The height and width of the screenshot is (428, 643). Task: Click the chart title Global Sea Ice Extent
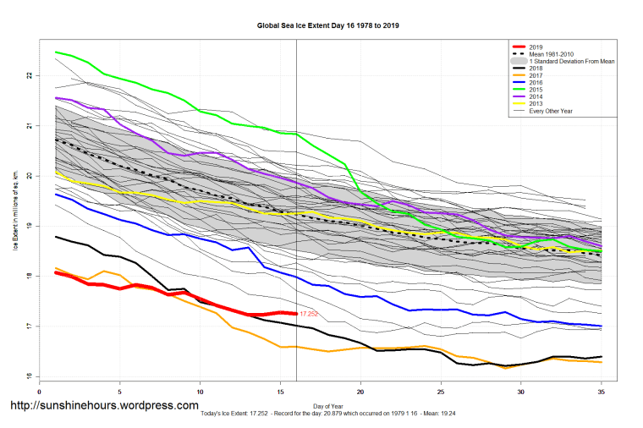327,26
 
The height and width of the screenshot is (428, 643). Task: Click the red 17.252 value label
308,314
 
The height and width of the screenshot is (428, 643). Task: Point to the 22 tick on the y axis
27,76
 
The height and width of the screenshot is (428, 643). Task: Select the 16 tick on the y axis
27,377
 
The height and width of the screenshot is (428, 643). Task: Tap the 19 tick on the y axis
27,227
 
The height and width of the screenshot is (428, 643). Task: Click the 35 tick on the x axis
600,392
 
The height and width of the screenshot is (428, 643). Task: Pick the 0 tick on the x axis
40,392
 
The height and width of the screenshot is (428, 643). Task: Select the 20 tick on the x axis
360,392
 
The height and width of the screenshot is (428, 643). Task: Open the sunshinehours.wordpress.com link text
103,406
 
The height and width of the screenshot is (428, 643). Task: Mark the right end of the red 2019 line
295,313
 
